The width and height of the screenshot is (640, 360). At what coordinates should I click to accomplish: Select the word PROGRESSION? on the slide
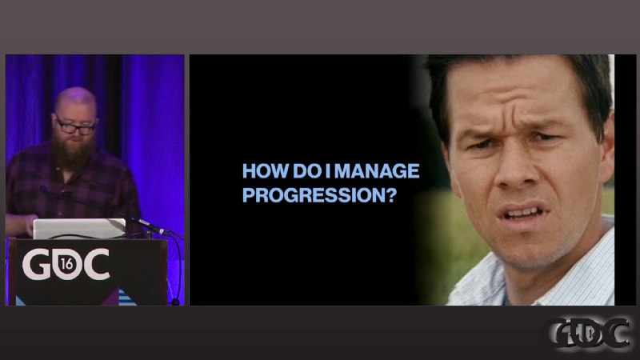pyautogui.click(x=319, y=195)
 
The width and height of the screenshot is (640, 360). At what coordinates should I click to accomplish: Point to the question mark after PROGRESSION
pyautogui.click(x=391, y=195)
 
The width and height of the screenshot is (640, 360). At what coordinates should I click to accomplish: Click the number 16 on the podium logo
pyautogui.click(x=67, y=265)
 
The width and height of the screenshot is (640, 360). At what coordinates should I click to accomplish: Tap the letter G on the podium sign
pyautogui.click(x=36, y=265)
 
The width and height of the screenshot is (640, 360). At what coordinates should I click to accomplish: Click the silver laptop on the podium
pyautogui.click(x=79, y=228)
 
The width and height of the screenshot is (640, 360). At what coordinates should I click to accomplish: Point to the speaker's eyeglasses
pyautogui.click(x=75, y=126)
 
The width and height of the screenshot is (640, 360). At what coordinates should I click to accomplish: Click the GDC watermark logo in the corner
pyautogui.click(x=589, y=333)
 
